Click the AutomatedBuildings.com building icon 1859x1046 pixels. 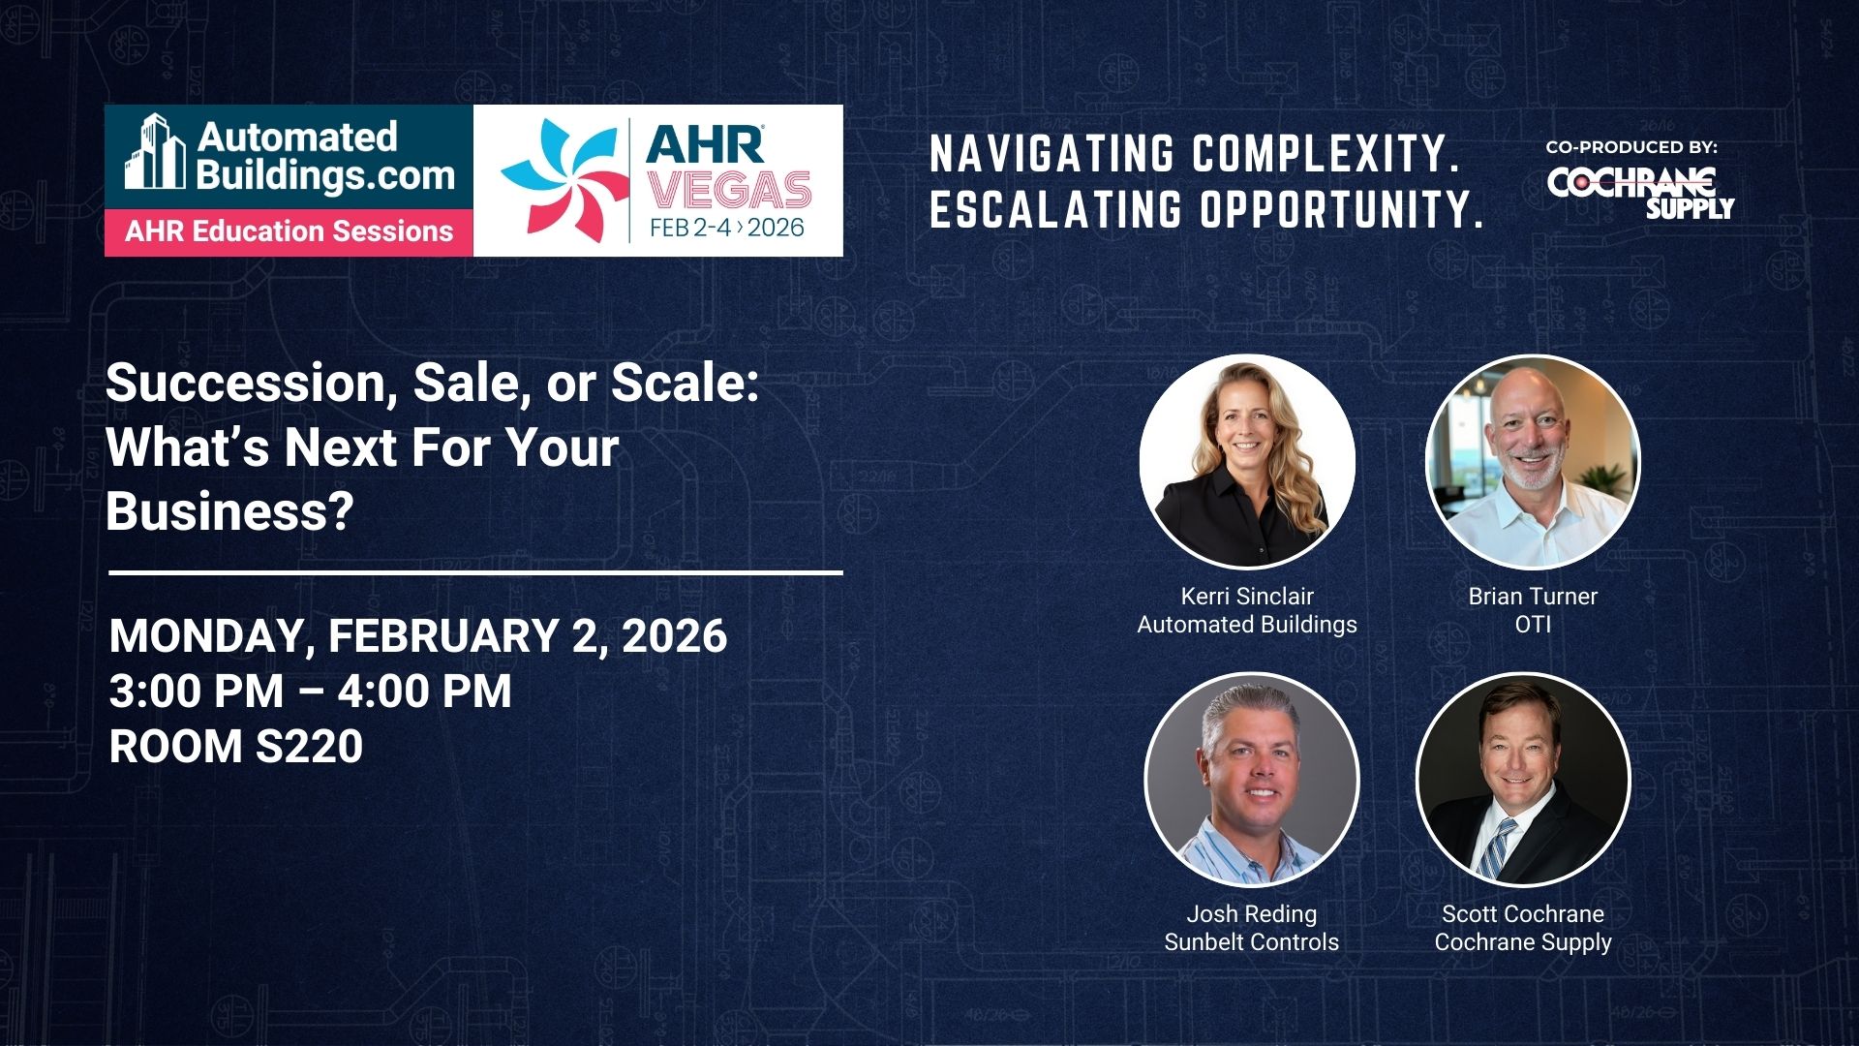tap(154, 152)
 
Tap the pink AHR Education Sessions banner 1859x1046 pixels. tap(289, 232)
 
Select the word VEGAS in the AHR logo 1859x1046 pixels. tap(729, 190)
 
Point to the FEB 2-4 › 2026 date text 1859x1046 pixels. tap(727, 228)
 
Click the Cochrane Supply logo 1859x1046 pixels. tap(1640, 192)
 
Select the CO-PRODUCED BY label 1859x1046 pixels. tap(1631, 147)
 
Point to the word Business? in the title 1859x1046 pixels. tap(229, 510)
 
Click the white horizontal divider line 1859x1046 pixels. tap(475, 572)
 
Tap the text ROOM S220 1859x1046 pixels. tap(236, 746)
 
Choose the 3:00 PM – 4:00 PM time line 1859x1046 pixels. tap(311, 691)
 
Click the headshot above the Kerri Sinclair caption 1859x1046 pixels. tap(1247, 461)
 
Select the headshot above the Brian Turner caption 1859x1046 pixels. tap(1533, 461)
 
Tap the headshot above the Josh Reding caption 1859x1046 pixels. tap(1252, 780)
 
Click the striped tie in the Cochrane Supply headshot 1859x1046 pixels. tap(1492, 848)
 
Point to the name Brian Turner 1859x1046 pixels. tap(1533, 597)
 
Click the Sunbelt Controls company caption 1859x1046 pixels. tap(1252, 942)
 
